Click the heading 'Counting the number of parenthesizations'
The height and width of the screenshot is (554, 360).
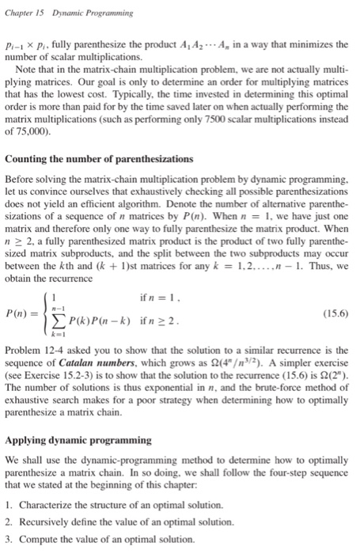tap(97, 160)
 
